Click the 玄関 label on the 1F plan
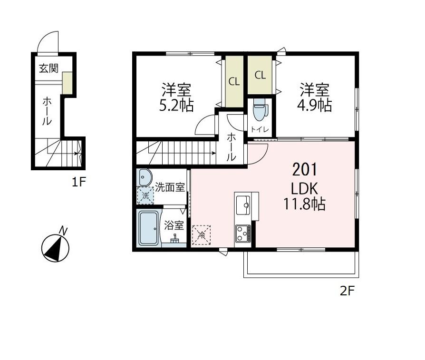click(x=48, y=68)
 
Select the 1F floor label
click(x=79, y=181)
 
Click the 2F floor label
click(x=348, y=291)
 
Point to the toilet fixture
click(x=260, y=111)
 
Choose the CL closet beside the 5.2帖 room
click(x=233, y=81)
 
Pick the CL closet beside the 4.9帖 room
click(x=260, y=75)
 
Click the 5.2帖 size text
click(x=176, y=105)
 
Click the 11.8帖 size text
click(x=305, y=204)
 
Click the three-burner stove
click(x=243, y=234)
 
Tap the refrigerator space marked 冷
click(x=202, y=234)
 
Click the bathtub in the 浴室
click(x=149, y=228)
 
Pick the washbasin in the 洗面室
click(x=144, y=178)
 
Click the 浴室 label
click(x=174, y=225)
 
